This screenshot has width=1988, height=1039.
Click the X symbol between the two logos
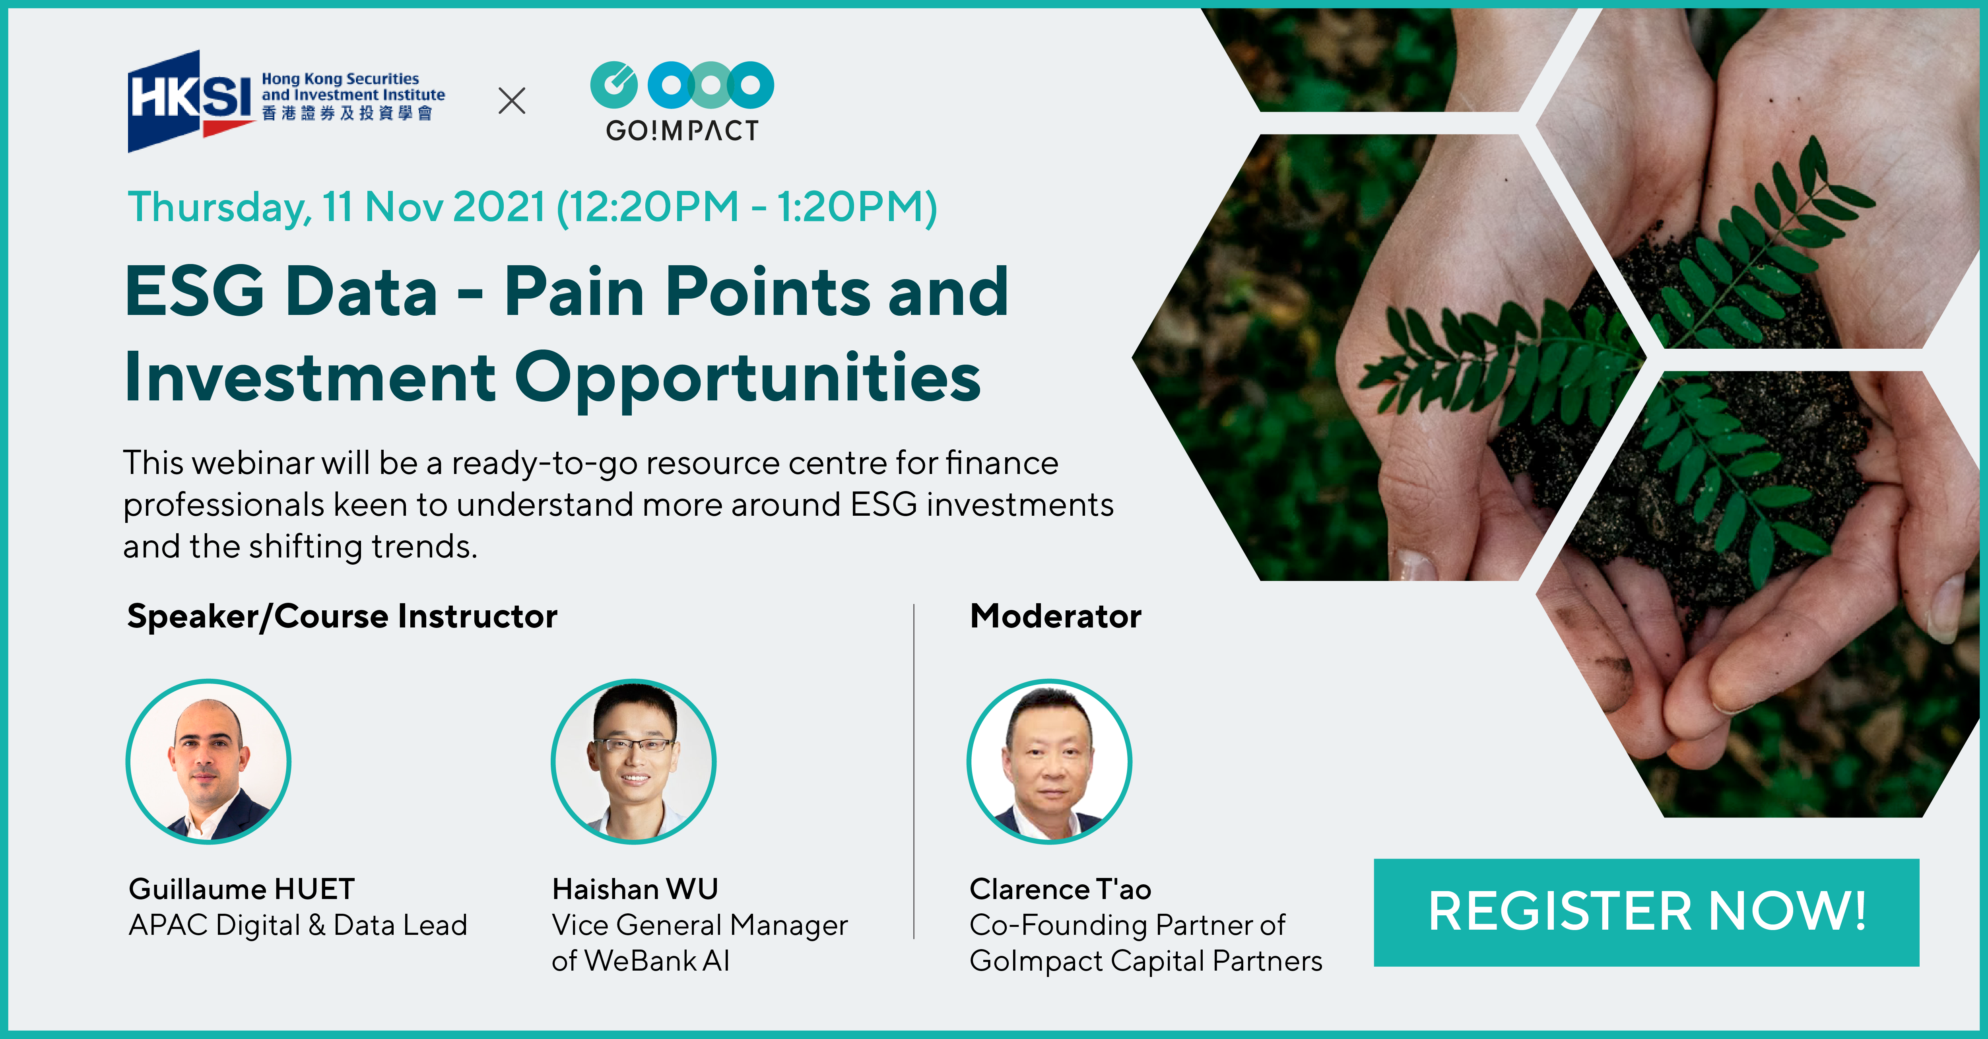click(x=512, y=100)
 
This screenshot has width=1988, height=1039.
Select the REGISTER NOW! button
click(x=1646, y=912)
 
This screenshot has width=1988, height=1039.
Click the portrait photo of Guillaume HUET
click(x=208, y=761)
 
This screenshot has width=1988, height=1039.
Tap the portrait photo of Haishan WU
click(x=634, y=761)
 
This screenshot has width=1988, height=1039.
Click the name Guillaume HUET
click(x=242, y=889)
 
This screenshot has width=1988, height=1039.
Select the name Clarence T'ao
click(x=1060, y=889)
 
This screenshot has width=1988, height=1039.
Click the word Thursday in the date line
click(x=220, y=208)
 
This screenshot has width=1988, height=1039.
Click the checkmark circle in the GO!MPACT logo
click(x=614, y=85)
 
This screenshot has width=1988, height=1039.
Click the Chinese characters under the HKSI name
click(x=347, y=113)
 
